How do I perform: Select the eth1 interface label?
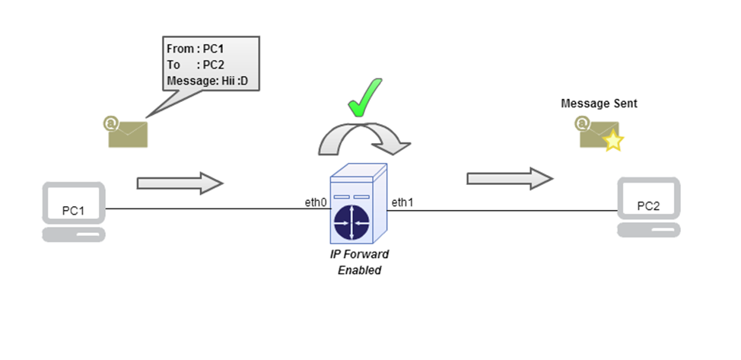(402, 202)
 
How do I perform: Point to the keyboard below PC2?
(647, 231)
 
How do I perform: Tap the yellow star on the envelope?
(613, 142)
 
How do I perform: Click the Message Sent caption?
(599, 103)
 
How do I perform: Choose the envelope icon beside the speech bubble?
(126, 132)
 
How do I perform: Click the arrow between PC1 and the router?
(180, 183)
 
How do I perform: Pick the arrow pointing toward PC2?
(509, 178)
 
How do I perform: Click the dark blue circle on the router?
(351, 221)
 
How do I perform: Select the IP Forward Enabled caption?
(360, 263)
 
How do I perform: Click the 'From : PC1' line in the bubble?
(196, 49)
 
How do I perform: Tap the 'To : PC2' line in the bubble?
(196, 65)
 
